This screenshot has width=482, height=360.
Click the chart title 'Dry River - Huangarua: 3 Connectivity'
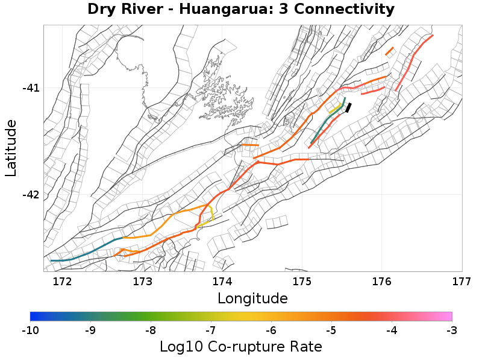(x=241, y=10)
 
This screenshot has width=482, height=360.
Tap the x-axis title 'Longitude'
(x=252, y=298)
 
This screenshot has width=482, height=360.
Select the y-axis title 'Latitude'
(x=11, y=148)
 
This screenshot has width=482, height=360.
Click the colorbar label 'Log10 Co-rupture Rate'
(x=241, y=347)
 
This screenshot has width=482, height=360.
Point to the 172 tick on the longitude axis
(x=63, y=280)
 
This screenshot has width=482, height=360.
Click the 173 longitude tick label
(x=142, y=280)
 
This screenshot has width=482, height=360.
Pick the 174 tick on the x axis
(x=222, y=280)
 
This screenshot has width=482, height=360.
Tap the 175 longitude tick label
(x=302, y=280)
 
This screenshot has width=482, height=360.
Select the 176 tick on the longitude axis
(x=382, y=280)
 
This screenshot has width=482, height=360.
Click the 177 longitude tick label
(x=461, y=280)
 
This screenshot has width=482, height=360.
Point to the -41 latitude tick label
(x=31, y=88)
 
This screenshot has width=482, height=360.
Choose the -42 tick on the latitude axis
(x=31, y=195)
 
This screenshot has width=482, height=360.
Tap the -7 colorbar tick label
(x=211, y=330)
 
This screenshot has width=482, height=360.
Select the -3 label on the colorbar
(x=451, y=330)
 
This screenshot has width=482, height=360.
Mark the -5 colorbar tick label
(x=331, y=330)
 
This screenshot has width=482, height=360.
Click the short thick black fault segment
(x=348, y=107)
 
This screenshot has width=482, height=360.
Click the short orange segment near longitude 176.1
(x=389, y=51)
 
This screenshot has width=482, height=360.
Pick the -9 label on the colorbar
(x=90, y=330)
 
